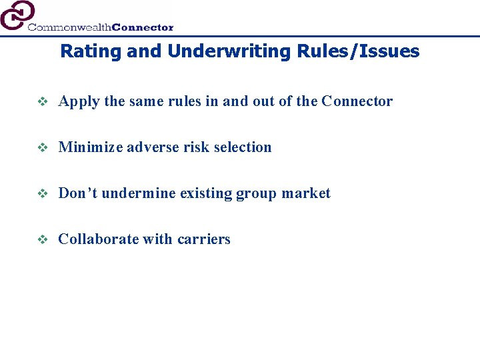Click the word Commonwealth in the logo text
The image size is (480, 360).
tap(69, 27)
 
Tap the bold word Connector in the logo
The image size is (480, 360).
tap(143, 27)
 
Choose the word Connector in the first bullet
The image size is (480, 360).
tap(357, 101)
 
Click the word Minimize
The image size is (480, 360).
tap(87, 147)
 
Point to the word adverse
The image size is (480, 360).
tap(145, 147)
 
